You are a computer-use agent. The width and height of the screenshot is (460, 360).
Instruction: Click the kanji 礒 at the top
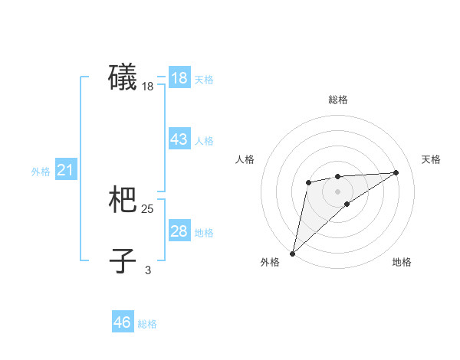[x=123, y=78]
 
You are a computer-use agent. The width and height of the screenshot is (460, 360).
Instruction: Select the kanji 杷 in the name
[x=123, y=200]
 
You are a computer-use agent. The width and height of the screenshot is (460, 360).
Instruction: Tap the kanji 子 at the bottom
[x=123, y=260]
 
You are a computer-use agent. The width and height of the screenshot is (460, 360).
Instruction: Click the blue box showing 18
[x=179, y=78]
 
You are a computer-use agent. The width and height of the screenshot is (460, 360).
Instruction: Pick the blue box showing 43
[x=179, y=139]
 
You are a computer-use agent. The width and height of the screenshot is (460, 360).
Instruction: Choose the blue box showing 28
[x=179, y=231]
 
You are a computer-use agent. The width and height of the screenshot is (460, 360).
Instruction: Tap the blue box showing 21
[x=65, y=170]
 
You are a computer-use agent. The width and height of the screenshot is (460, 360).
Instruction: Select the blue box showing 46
[x=123, y=322]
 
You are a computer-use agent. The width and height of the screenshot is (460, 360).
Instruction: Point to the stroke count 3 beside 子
[x=148, y=270]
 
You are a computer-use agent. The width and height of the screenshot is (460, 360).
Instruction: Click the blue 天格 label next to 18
[x=204, y=80]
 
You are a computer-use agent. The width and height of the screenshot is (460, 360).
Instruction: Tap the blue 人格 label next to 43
[x=204, y=141]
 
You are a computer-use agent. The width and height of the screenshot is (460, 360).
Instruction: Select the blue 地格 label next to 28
[x=204, y=233]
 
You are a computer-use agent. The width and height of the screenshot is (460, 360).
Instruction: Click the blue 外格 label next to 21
[x=41, y=172]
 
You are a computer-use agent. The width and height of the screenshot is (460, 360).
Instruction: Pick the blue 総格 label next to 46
[x=147, y=324]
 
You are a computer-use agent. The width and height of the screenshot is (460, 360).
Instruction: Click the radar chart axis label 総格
[x=338, y=100]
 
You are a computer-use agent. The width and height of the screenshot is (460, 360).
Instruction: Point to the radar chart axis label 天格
[x=432, y=159]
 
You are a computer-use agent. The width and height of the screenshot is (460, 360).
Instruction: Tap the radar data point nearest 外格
[x=292, y=253]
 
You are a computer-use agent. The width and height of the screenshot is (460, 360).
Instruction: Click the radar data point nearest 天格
[x=396, y=172]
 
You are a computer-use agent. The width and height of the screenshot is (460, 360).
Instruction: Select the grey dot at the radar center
[x=338, y=191]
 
